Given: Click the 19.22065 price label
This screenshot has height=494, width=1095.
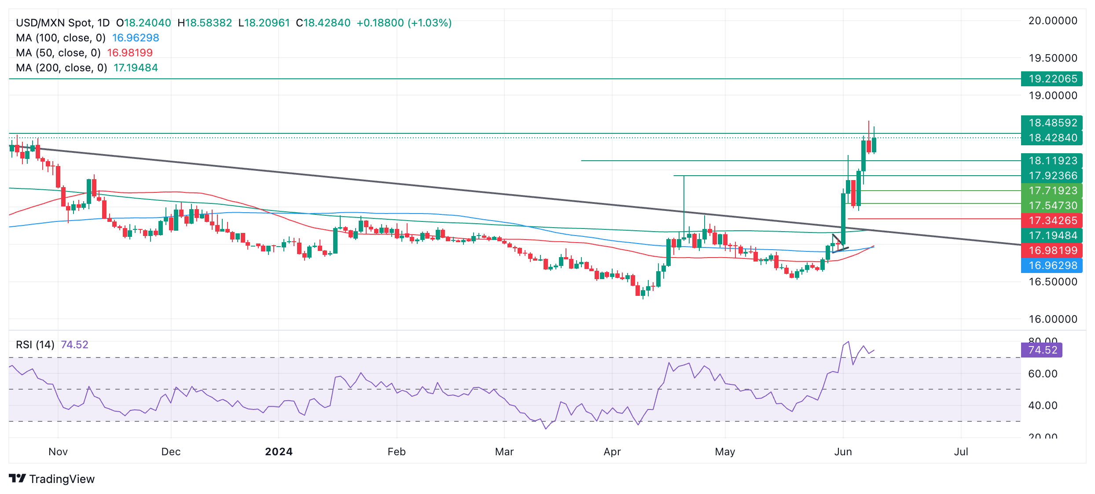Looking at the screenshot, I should coord(1052,79).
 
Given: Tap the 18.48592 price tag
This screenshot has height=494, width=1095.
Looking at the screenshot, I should coord(1052,123).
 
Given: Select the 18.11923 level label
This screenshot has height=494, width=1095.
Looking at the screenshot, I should coord(1052,161).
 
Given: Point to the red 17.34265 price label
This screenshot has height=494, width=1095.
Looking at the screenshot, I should coord(1052,221).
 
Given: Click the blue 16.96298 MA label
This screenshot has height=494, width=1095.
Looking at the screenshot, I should coord(1052,265).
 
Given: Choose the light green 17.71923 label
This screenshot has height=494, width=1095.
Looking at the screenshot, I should coord(1052,191).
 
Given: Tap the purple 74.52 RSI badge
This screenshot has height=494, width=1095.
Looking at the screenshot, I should coord(1041,350).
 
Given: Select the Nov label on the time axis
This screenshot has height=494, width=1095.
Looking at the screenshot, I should coord(58,452).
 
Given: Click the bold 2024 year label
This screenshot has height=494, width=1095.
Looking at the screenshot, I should coord(279,452).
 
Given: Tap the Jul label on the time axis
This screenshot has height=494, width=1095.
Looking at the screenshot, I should coord(961,452).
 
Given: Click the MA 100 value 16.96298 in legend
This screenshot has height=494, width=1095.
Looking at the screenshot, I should coord(136,38).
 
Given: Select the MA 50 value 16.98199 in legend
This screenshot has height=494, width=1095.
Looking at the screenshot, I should coord(130,53).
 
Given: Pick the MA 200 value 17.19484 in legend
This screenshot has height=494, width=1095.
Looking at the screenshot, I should coord(136,68).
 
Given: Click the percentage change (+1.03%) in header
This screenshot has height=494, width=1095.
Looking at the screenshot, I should coord(430,23).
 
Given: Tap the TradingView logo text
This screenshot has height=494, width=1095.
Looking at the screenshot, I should coord(62,479).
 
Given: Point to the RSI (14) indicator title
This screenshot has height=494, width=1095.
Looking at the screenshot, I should coord(35,345).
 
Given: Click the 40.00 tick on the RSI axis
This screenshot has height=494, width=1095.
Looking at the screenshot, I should coord(1042,406).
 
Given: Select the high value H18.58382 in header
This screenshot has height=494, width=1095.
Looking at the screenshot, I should coord(205,23).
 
